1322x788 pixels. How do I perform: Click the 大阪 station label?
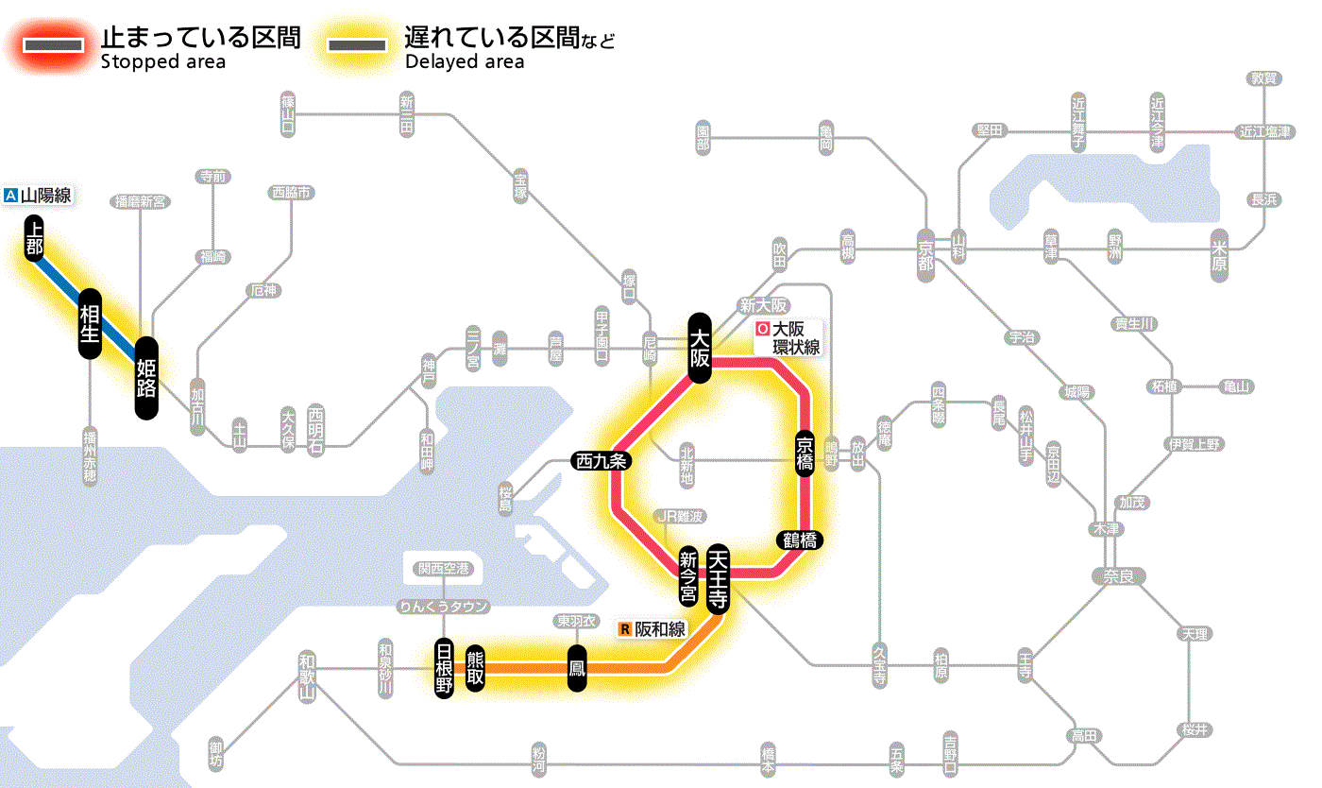click(700, 347)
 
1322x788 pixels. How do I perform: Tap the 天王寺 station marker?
click(718, 579)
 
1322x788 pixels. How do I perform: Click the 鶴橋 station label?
click(800, 540)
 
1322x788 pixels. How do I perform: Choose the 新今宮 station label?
click(688, 578)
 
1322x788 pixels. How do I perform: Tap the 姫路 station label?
click(146, 378)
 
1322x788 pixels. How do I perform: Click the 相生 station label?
click(90, 324)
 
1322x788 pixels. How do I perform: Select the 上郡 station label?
click(35, 238)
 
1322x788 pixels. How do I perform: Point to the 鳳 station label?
click(577, 668)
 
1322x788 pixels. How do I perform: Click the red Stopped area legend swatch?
click(54, 45)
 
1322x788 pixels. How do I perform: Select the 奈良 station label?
click(1117, 574)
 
